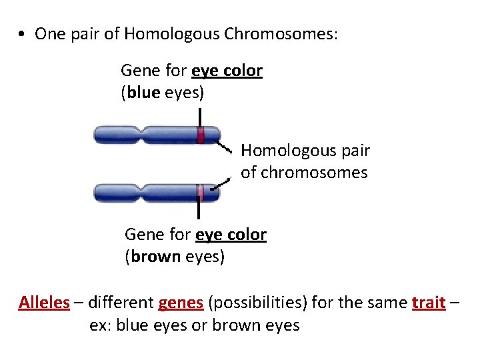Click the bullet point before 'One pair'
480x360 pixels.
[x=23, y=35]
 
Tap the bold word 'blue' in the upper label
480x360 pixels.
[x=143, y=93]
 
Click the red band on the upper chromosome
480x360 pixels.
[x=200, y=135]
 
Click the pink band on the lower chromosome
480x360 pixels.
[x=199, y=193]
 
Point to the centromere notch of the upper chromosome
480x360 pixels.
[x=141, y=135]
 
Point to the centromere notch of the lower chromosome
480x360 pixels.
[x=141, y=193]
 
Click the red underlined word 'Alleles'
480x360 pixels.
[x=44, y=303]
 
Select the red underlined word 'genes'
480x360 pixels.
[x=181, y=303]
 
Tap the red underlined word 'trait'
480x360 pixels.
[x=429, y=303]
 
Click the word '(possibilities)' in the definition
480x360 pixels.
[x=258, y=303]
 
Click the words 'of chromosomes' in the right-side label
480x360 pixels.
[x=304, y=173]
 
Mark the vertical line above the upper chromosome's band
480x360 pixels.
[x=199, y=117]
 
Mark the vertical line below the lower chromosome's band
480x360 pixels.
[x=199, y=210]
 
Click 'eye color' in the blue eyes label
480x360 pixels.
[x=227, y=71]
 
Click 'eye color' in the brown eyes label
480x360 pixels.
[x=231, y=235]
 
